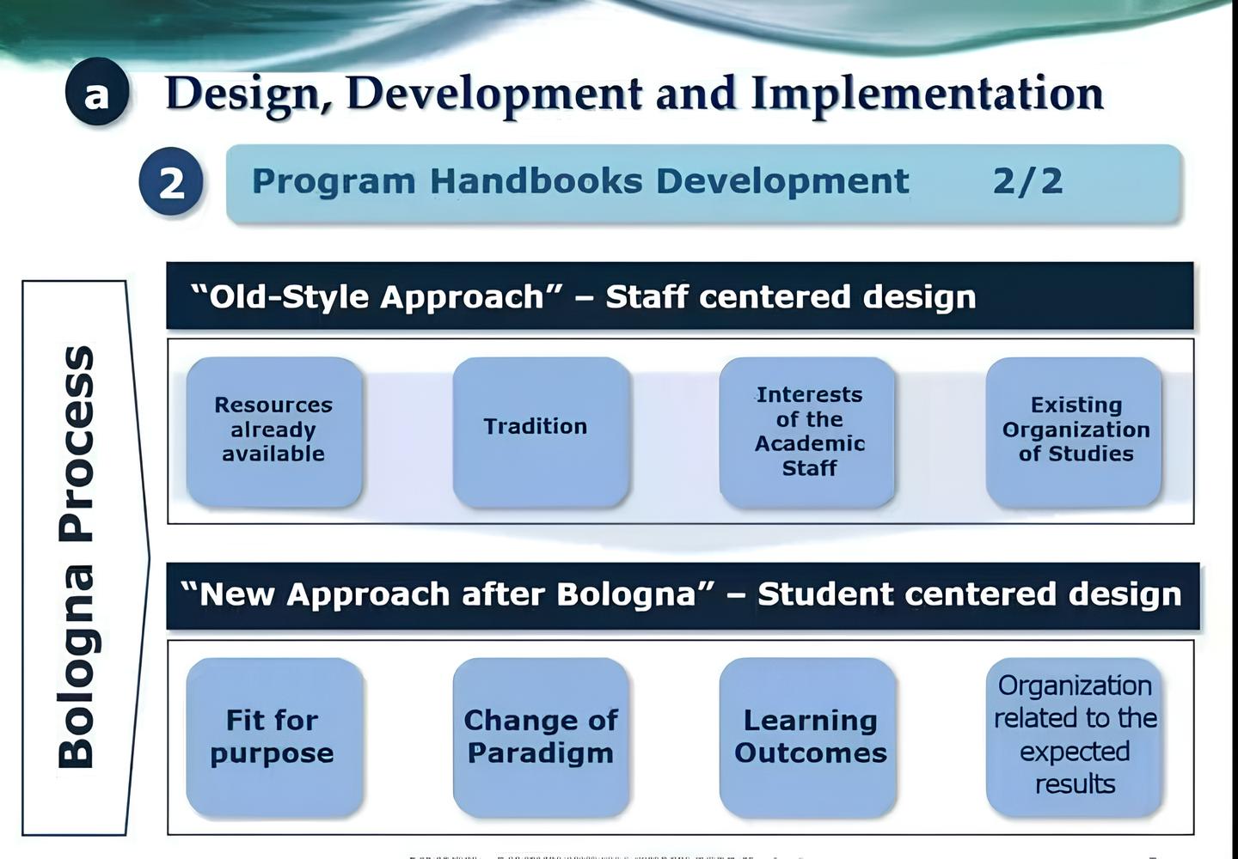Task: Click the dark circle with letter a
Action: point(97,92)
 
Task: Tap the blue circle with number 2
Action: point(171,181)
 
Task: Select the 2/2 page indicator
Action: point(1027,181)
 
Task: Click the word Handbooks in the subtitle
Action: point(536,181)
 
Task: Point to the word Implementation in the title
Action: point(928,93)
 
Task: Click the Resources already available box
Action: point(274,432)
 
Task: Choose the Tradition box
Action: point(541,432)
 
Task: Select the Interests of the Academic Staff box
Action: point(807,432)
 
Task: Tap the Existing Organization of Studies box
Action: point(1074,432)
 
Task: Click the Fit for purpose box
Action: point(274,737)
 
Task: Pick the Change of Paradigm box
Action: point(541,737)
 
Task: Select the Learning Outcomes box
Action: point(807,737)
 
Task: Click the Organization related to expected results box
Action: point(1074,737)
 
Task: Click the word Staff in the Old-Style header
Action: point(647,296)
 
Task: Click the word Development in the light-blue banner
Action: point(782,182)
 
